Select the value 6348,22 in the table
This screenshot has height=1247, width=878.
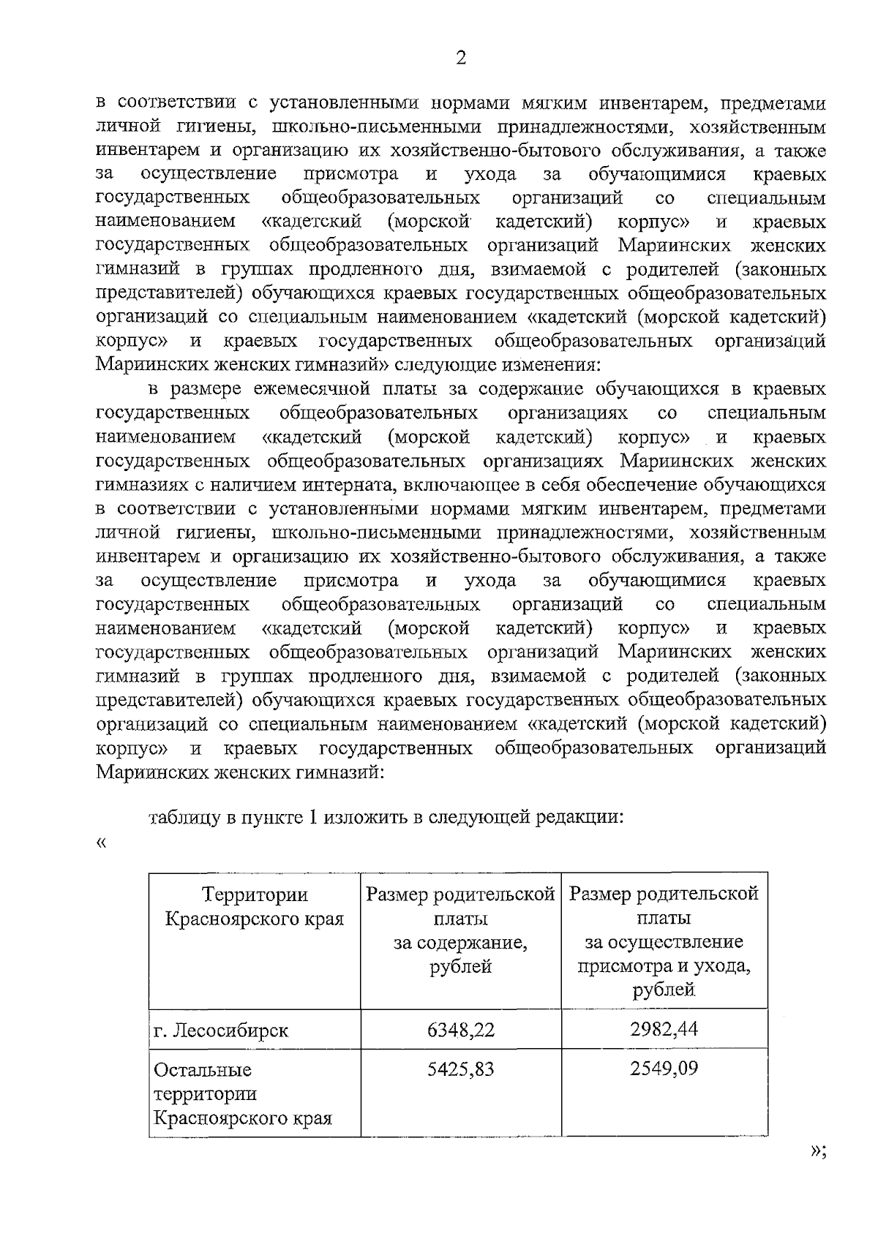pyautogui.click(x=461, y=1030)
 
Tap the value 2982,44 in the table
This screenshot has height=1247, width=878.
pyautogui.click(x=664, y=1029)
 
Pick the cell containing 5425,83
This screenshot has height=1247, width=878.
pyautogui.click(x=461, y=1069)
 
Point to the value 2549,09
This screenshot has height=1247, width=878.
pyautogui.click(x=664, y=1069)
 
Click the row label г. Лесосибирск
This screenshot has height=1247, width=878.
pyautogui.click(x=221, y=1031)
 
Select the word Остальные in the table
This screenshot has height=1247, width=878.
pyautogui.click(x=202, y=1070)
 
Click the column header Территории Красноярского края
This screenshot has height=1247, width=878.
pyautogui.click(x=255, y=906)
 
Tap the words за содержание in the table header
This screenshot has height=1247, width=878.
pyautogui.click(x=460, y=942)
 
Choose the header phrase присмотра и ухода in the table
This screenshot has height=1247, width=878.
pyautogui.click(x=664, y=966)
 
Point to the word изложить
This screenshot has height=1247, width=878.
pyautogui.click(x=369, y=817)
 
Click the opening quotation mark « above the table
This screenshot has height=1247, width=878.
pyautogui.click(x=101, y=843)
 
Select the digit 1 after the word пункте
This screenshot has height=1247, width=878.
pyautogui.click(x=311, y=817)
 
